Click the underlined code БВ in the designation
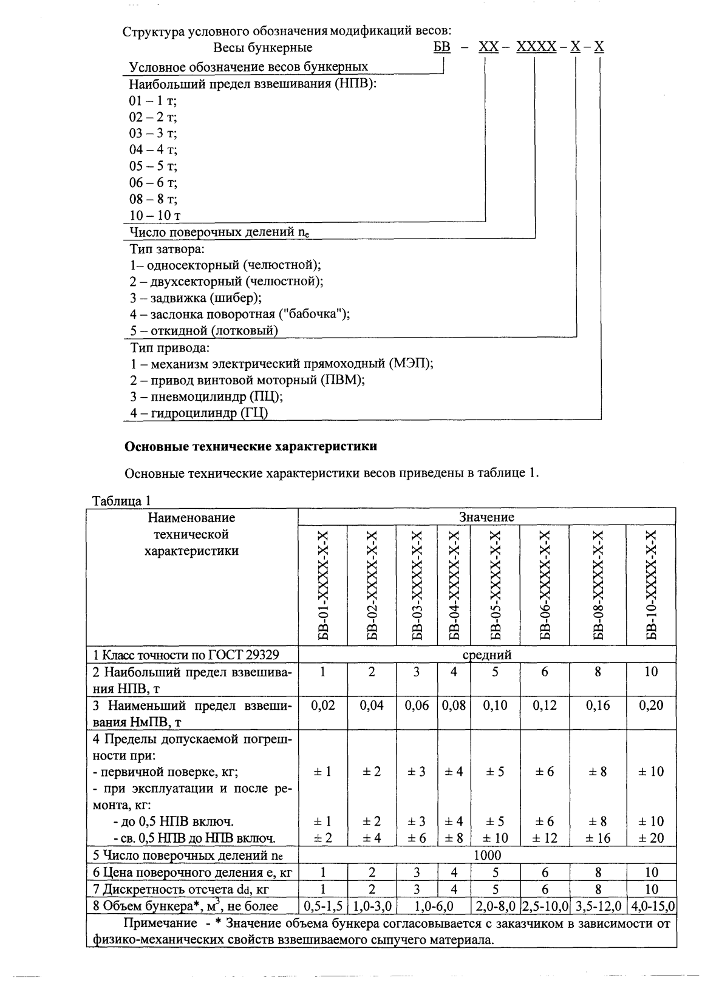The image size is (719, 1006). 442,47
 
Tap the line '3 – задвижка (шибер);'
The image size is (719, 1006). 196,298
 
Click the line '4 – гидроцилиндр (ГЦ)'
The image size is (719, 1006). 199,413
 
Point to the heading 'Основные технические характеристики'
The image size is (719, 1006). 251,447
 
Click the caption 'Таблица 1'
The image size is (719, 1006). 120,501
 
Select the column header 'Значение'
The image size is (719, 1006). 486,517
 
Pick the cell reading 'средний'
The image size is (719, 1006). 487,655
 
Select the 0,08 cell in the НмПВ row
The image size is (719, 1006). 454,705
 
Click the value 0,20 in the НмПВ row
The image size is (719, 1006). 651,705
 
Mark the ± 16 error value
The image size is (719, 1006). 598,838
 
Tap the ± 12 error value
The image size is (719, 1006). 545,838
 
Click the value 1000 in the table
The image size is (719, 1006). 487,855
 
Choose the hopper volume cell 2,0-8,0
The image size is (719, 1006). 495,906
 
